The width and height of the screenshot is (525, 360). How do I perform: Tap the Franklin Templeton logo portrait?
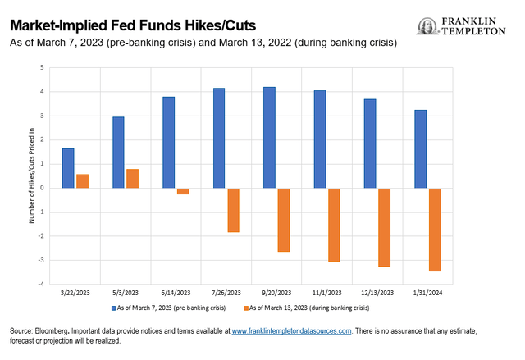pyautogui.click(x=427, y=26)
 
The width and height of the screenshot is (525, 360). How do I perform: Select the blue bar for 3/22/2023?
pyautogui.click(x=68, y=168)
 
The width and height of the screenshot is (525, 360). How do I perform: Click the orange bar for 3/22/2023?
pyautogui.click(x=82, y=181)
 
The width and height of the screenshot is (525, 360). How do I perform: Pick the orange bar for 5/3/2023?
pyautogui.click(x=132, y=179)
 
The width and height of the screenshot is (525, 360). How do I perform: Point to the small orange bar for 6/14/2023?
pyautogui.click(x=183, y=191)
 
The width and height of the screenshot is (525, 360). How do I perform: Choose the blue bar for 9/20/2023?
pyautogui.click(x=270, y=138)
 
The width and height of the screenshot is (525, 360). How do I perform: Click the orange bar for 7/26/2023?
pyautogui.click(x=233, y=210)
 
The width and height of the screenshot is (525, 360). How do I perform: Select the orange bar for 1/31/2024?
pyautogui.click(x=435, y=230)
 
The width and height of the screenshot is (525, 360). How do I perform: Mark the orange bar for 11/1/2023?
pyautogui.click(x=334, y=225)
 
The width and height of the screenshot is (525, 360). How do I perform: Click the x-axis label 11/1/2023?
pyautogui.click(x=327, y=292)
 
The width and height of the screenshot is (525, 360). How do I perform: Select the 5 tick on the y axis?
pyautogui.click(x=43, y=68)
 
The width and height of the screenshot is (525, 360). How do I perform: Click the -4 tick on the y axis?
pyautogui.click(x=42, y=284)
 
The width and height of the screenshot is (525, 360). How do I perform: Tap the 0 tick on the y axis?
pyautogui.click(x=43, y=188)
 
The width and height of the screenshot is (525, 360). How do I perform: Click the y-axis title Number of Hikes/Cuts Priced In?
pyautogui.click(x=31, y=175)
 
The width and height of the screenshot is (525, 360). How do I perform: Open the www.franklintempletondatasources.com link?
pyautogui.click(x=291, y=330)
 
